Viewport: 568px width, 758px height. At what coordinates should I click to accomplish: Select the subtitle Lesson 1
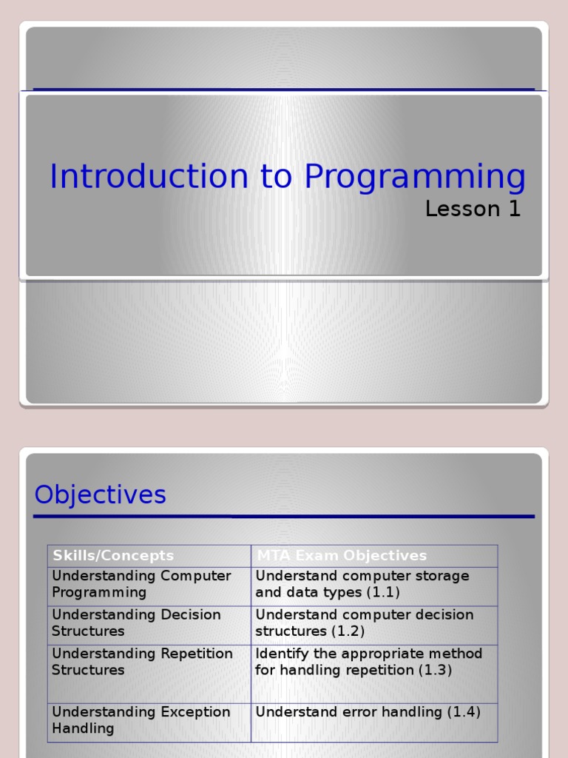[x=473, y=209]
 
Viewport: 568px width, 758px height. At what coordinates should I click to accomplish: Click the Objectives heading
[x=101, y=494]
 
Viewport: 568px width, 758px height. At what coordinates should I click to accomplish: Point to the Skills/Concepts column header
[x=113, y=555]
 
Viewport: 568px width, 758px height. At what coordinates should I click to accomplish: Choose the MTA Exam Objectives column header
[x=342, y=555]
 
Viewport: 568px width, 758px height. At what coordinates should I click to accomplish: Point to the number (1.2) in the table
[x=350, y=631]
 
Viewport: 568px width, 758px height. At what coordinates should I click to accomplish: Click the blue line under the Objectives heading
[x=284, y=516]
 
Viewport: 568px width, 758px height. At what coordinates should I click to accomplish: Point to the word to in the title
[x=277, y=177]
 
